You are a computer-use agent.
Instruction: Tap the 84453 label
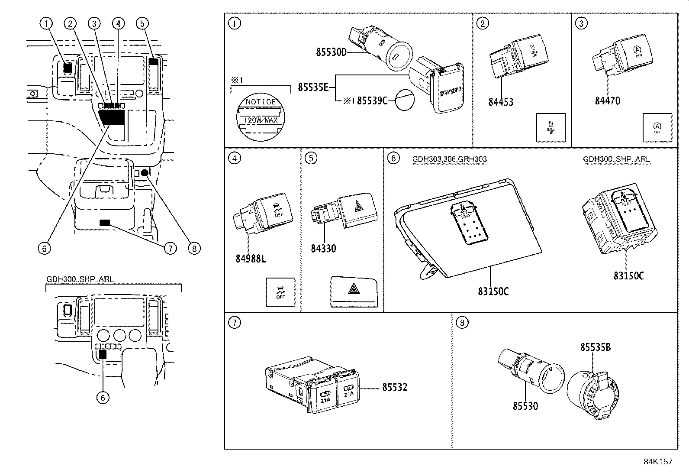pos(501,102)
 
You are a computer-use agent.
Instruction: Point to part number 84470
pos(607,101)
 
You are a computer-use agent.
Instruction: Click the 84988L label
pos(251,259)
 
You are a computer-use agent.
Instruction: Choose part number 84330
pos(323,249)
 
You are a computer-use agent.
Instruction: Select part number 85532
pos(394,387)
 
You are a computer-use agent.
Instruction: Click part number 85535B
pos(596,347)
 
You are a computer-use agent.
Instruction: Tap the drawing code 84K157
pos(658,462)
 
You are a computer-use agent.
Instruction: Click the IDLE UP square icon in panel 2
pos(551,127)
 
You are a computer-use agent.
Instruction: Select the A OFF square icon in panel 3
pos(657,127)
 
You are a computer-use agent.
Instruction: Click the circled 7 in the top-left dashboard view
pos(170,249)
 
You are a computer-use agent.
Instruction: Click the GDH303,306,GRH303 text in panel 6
pos(449,159)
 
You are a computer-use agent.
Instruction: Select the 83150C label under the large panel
pos(493,291)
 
